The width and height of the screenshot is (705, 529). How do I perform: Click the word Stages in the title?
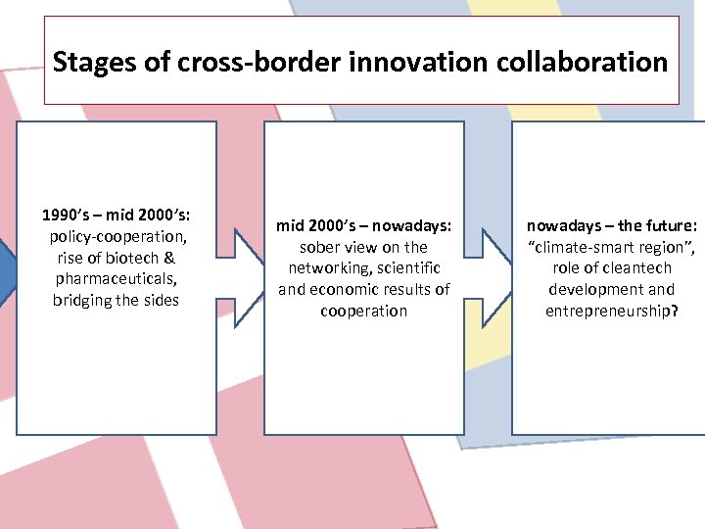[x=89, y=63]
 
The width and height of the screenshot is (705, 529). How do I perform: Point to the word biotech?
[x=134, y=258]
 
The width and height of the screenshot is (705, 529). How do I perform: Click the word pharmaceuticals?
[x=115, y=278]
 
